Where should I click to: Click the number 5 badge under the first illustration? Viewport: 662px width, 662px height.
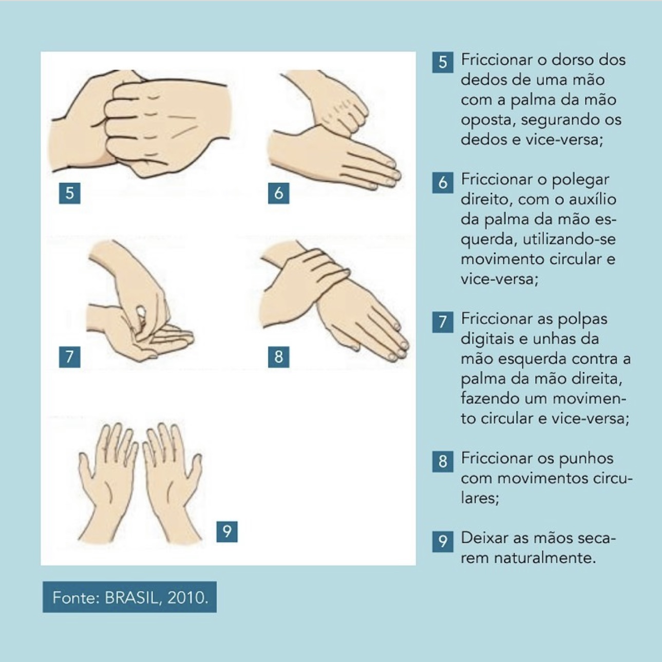(x=70, y=193)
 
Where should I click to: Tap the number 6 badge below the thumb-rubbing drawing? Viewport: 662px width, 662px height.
(x=278, y=193)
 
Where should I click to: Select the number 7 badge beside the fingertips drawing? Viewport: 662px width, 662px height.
(x=70, y=357)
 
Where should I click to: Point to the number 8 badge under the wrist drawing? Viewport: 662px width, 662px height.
(x=278, y=357)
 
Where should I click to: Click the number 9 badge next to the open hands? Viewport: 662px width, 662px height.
(x=226, y=532)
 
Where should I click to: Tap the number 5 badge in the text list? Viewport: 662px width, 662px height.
(x=443, y=63)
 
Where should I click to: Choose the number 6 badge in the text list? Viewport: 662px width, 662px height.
(x=443, y=182)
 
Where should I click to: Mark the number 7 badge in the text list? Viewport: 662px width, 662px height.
(x=443, y=322)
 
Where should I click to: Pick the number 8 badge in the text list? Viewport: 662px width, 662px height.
(x=443, y=461)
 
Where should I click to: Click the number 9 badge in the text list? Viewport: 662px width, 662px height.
(x=443, y=541)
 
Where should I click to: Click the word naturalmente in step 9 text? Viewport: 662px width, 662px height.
(x=544, y=558)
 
